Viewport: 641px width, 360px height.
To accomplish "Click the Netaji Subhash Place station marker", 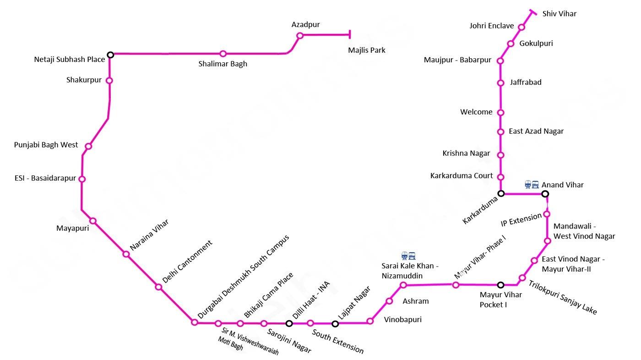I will pyautogui.click(x=110, y=55).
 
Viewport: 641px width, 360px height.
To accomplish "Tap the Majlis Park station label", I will pyautogui.click(x=366, y=50).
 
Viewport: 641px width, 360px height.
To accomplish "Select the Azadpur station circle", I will pyautogui.click(x=300, y=36).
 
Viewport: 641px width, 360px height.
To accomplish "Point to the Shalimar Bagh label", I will pyautogui.click(x=223, y=64).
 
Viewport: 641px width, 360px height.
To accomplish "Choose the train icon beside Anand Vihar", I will pyautogui.click(x=532, y=184).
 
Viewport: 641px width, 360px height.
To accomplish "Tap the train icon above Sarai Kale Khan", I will pyautogui.click(x=408, y=256).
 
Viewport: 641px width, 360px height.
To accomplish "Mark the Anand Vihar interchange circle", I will pyautogui.click(x=545, y=194).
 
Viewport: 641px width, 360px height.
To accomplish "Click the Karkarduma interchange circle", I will pyautogui.click(x=501, y=194).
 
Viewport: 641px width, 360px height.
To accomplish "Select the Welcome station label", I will pyautogui.click(x=476, y=112).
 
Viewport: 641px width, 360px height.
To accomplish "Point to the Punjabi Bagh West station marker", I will pyautogui.click(x=88, y=147).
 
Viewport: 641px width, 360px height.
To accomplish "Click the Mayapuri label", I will pyautogui.click(x=72, y=228).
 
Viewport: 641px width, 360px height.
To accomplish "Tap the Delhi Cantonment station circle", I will pyautogui.click(x=158, y=287).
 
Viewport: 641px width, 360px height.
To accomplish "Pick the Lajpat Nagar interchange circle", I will pyautogui.click(x=335, y=324).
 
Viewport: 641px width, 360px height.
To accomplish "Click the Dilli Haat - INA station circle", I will pyautogui.click(x=289, y=323).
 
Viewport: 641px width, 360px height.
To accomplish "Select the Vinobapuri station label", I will pyautogui.click(x=402, y=319).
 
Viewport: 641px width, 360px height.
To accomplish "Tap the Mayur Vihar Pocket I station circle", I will pyautogui.click(x=500, y=285).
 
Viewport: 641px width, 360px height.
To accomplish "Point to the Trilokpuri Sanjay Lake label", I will pyautogui.click(x=563, y=297).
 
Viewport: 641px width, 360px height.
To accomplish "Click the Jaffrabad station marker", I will pyautogui.click(x=500, y=83).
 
